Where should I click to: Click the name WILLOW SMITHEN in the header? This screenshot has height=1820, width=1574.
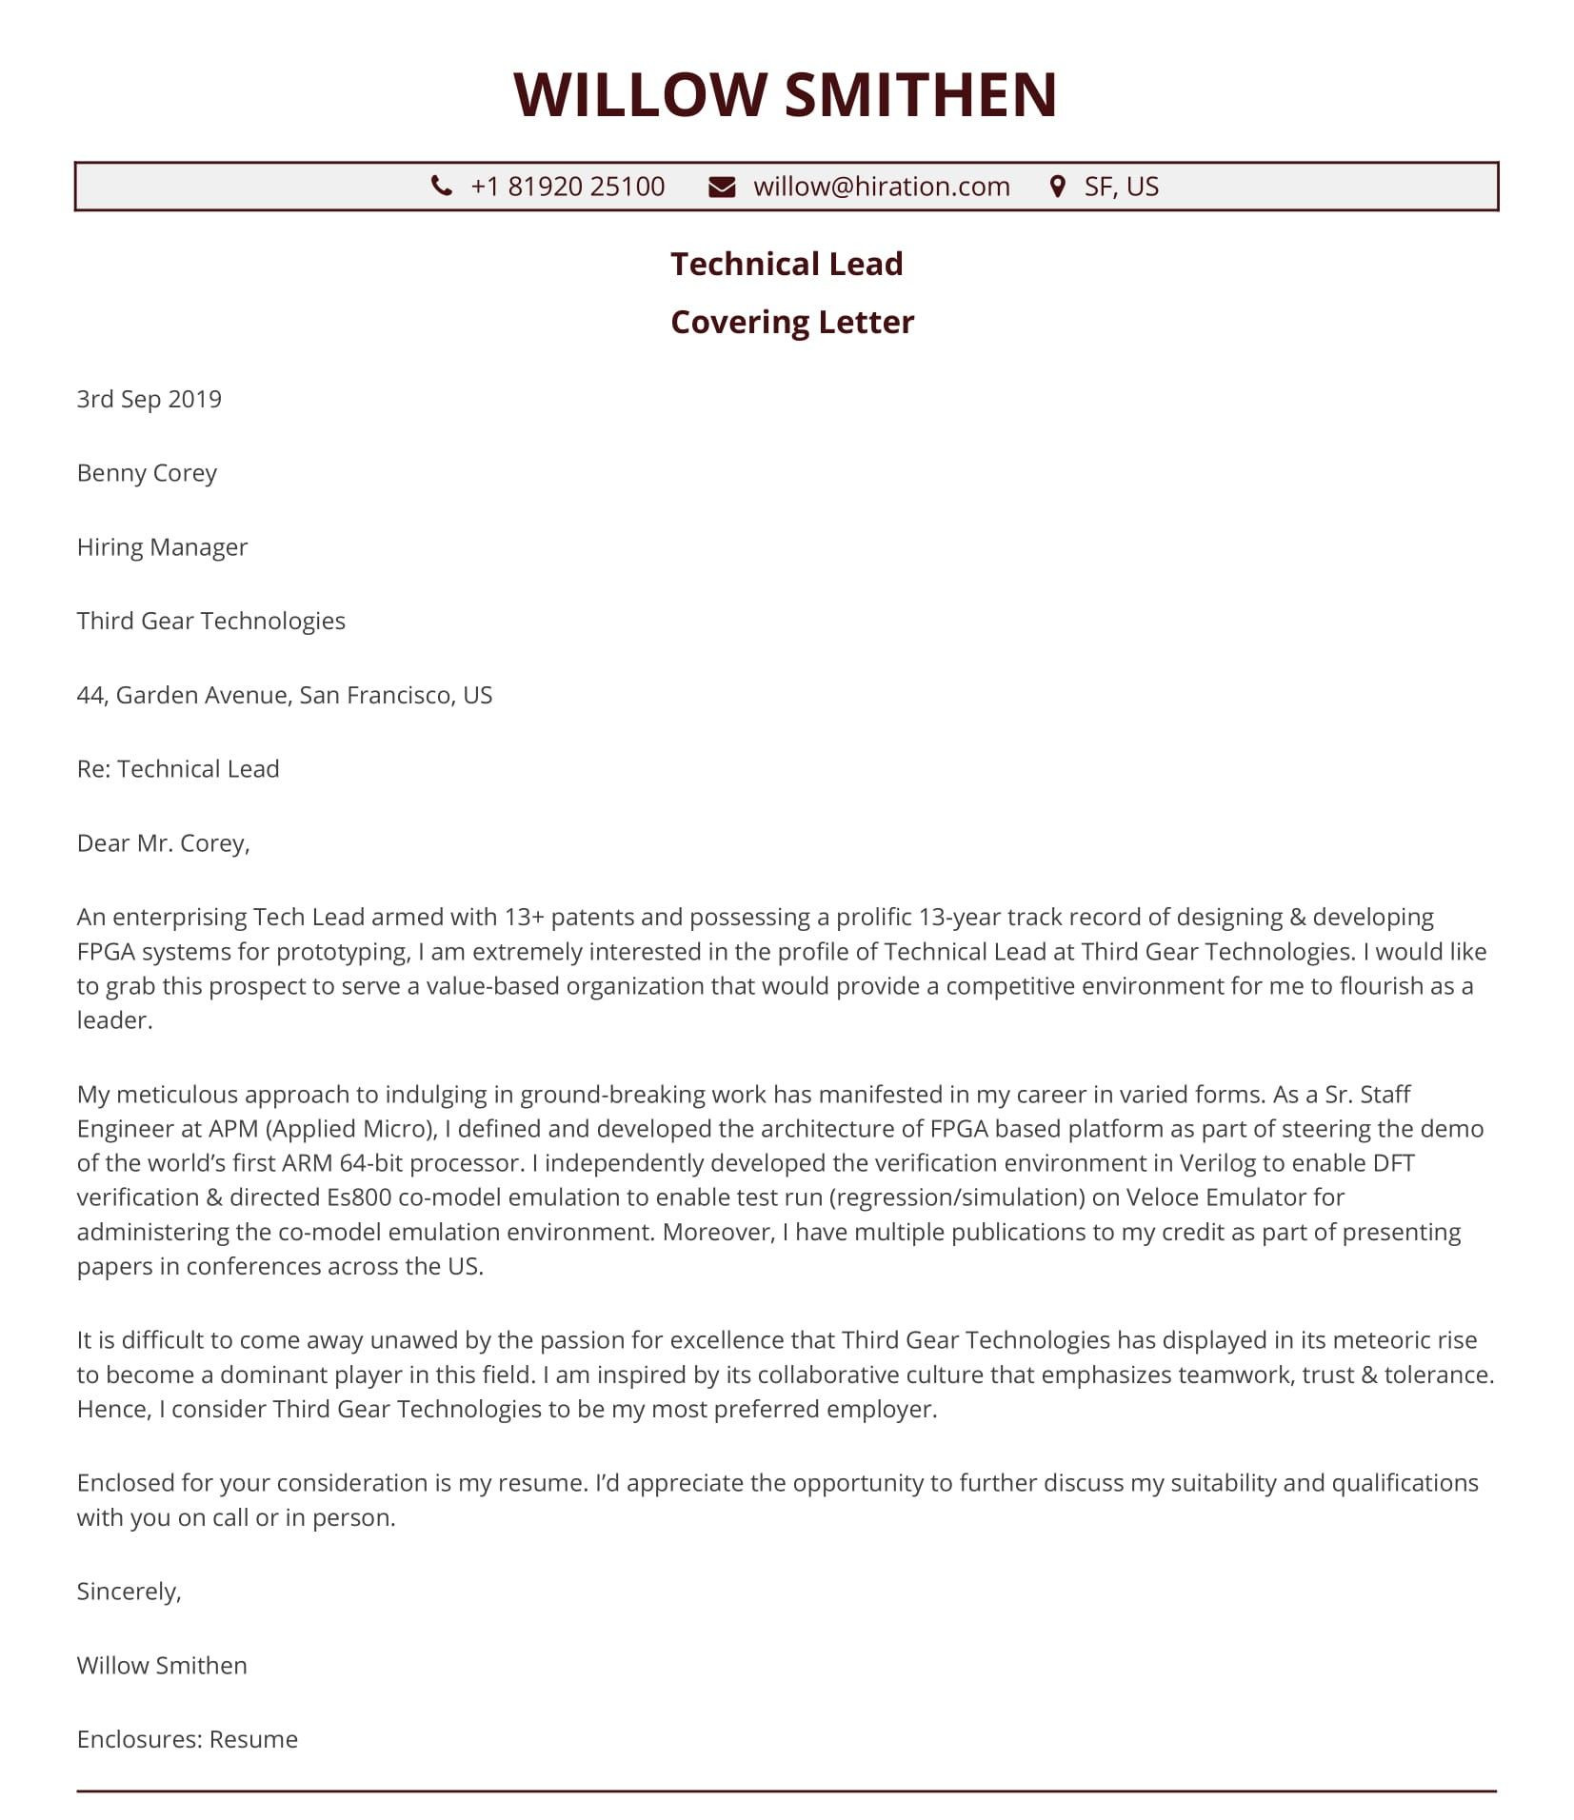(786, 94)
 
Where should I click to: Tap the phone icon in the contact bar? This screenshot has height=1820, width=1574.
(442, 186)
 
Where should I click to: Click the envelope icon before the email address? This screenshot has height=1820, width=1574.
(722, 187)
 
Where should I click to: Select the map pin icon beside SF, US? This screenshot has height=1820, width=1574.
(1057, 187)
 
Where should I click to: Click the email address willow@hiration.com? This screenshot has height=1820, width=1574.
(881, 187)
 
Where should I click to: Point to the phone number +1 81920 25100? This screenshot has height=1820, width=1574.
(568, 187)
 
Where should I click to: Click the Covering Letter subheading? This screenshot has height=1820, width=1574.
(791, 322)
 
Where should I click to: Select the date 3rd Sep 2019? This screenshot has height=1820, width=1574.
(149, 399)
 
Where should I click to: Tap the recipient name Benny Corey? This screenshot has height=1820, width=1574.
(147, 473)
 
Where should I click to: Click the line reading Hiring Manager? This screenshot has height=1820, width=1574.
(162, 547)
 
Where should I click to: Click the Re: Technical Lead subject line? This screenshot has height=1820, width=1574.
(178, 769)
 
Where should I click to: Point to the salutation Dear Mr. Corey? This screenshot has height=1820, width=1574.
(163, 843)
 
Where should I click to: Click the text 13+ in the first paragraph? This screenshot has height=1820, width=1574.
(524, 917)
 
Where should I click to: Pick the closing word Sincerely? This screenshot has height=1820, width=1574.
(129, 1592)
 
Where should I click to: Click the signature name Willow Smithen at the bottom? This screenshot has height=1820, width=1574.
(162, 1666)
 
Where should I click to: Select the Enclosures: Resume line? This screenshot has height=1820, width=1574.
(188, 1740)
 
